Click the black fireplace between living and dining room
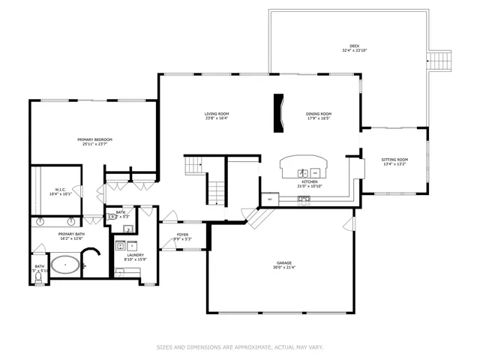pos(279,113)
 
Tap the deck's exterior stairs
pos(439,60)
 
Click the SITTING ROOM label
pos(394,159)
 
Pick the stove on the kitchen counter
pos(304,199)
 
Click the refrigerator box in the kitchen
pos(269,199)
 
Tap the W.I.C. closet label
pos(61,190)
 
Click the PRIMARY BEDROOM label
pos(94,139)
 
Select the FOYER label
pos(183,235)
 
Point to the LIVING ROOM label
pos(217,114)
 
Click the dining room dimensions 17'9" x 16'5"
pos(319,118)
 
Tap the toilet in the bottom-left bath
pos(39,276)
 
